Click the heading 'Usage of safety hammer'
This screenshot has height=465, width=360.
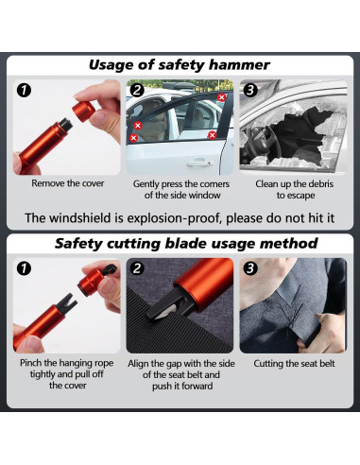click(180, 65)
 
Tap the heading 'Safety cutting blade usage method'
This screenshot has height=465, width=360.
click(186, 244)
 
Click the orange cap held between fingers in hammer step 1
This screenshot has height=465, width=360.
click(83, 111)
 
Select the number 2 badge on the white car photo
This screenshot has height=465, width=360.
click(137, 90)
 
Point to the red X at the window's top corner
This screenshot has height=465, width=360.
click(222, 97)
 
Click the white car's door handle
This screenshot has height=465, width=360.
click(199, 163)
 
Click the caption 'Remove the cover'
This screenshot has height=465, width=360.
click(68, 183)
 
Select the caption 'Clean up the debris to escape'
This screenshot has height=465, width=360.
click(294, 189)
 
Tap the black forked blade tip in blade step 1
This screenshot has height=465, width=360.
click(69, 301)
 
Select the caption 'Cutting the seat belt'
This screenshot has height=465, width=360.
click(294, 364)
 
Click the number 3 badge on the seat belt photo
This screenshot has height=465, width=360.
click(250, 268)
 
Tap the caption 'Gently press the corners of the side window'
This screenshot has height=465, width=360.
click(181, 189)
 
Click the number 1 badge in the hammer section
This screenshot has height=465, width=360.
click(24, 91)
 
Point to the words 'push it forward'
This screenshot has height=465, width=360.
click(182, 386)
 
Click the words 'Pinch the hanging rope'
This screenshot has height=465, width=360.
click(67, 363)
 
